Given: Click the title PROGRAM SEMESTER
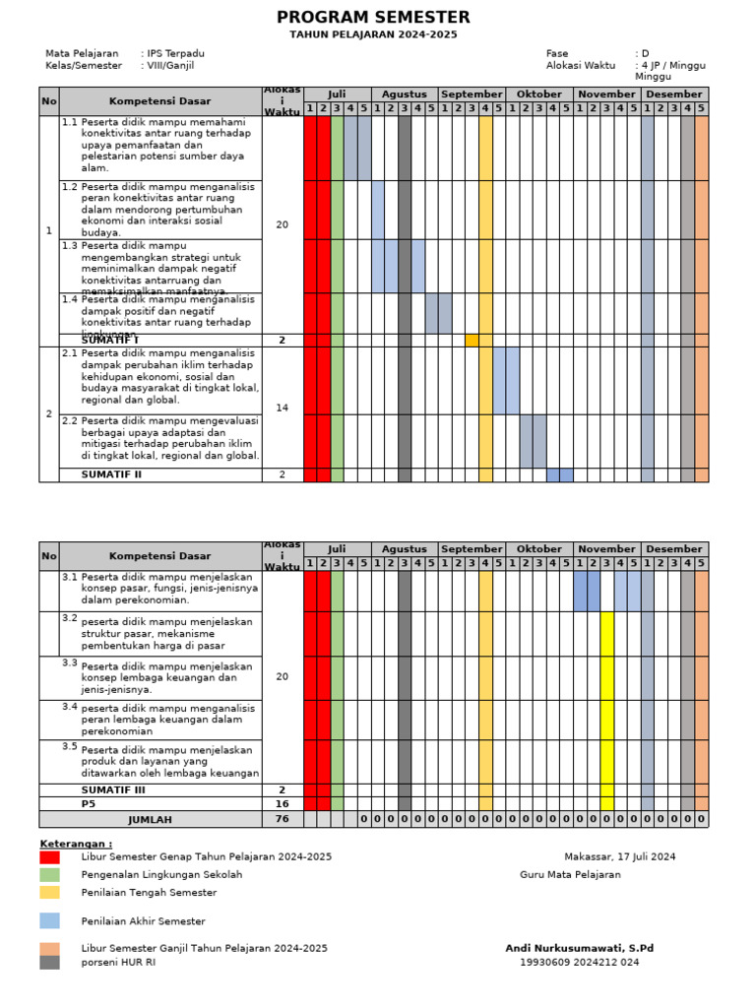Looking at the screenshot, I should click(373, 18).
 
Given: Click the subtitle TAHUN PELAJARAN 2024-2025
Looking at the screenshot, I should click(373, 34).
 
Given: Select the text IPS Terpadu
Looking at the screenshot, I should click(176, 53).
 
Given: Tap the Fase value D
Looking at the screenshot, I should click(646, 53).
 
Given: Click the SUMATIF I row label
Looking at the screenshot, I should click(110, 340).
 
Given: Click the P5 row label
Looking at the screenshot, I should click(89, 803).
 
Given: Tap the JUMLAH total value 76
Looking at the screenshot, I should click(283, 819).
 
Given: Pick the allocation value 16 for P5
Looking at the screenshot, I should click(283, 803).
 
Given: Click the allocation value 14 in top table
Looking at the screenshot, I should click(283, 408).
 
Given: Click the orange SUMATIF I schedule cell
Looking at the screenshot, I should click(472, 340).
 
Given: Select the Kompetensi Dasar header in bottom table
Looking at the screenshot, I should click(160, 556).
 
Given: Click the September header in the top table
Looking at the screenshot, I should click(472, 94).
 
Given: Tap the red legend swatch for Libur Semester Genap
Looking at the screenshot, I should click(49, 857).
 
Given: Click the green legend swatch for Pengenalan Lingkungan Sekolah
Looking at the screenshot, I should click(49, 874).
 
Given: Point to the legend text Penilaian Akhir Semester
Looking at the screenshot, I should click(144, 921).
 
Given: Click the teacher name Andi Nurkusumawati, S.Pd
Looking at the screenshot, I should click(579, 948).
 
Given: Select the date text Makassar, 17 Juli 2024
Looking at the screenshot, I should click(619, 856).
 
